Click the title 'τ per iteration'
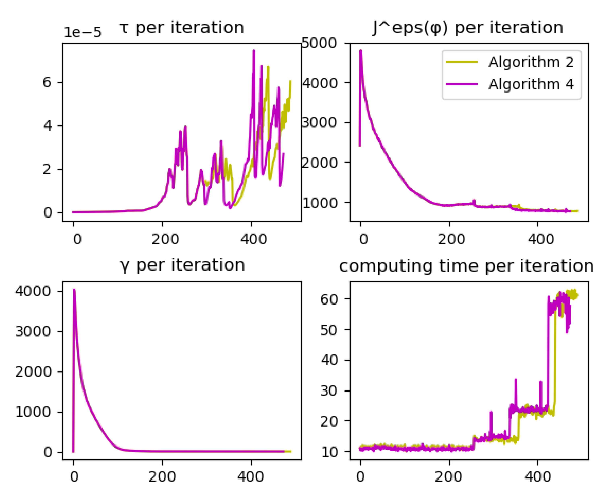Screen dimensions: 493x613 point(182,28)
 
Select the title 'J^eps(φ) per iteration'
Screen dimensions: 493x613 point(468,28)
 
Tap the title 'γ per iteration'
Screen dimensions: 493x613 point(182,266)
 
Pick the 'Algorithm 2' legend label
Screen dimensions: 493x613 point(531,62)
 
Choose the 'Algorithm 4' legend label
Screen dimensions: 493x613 point(531,84)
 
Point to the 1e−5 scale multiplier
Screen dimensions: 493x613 point(82,33)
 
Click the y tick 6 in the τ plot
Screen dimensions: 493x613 point(47,82)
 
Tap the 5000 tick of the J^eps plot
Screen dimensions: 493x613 point(319,43)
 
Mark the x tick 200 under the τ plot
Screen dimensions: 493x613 point(165,239)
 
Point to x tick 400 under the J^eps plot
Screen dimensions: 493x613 point(541,239)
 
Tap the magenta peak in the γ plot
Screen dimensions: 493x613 point(74,290)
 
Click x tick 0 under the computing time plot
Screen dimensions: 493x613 point(360,476)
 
